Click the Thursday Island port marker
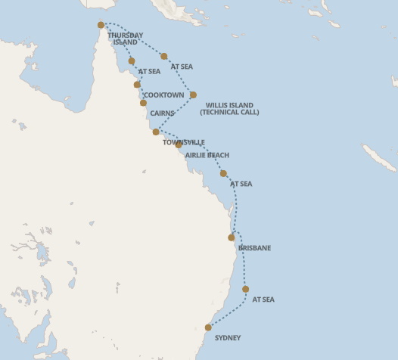pos(101,25)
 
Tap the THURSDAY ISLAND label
pos(125,39)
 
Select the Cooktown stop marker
pos(137,85)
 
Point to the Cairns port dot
pos(143,103)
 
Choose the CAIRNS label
pos(163,113)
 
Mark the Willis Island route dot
pos(193,95)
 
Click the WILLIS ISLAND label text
pos(229,105)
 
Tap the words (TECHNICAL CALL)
pos(229,112)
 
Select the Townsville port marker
pos(156,132)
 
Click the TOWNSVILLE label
pos(184,142)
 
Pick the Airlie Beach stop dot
pos(179,144)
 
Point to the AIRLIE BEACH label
pos(207,155)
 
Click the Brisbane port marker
pos(232,237)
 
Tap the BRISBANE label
pos(254,248)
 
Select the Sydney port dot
pos(208,327)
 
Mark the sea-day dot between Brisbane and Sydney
pos(246,289)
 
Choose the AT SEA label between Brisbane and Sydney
pos(263,299)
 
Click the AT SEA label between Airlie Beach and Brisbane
pos(241,184)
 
